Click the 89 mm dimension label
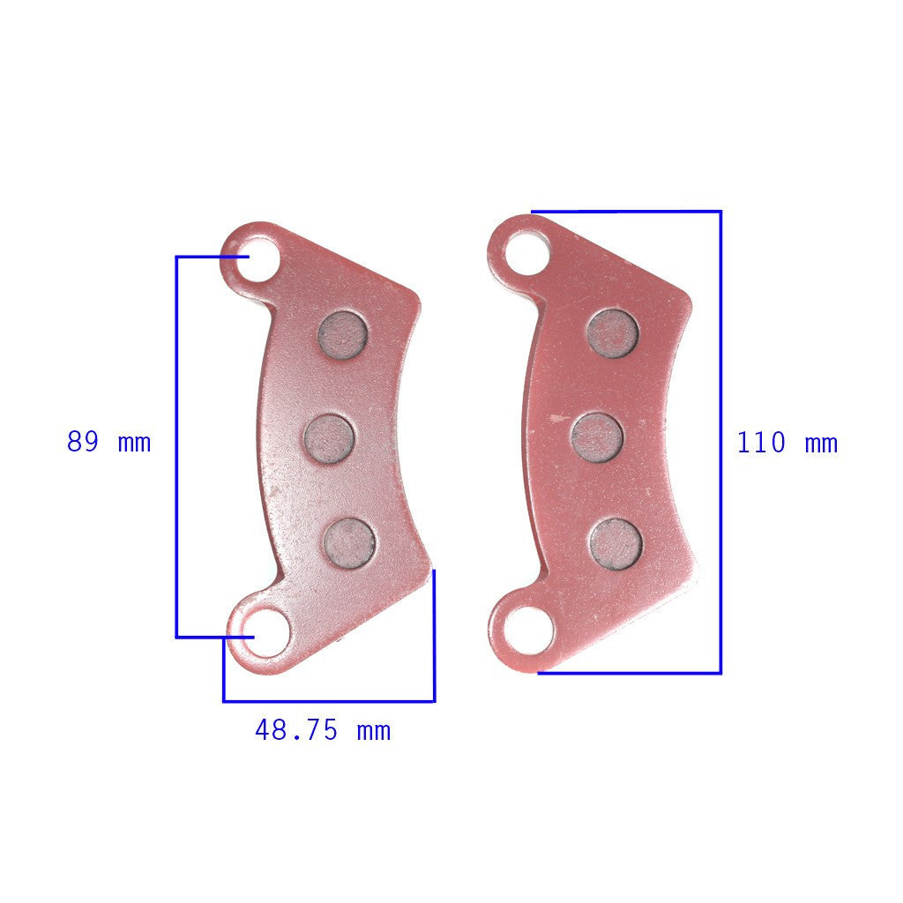tap(108, 442)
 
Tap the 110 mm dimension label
tap(787, 443)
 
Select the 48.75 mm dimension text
tap(322, 730)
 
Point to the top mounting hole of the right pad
tap(526, 252)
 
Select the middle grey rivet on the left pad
tap(329, 438)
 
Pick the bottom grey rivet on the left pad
tap(349, 542)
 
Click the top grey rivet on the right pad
tap(612, 333)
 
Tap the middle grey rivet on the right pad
tap(597, 437)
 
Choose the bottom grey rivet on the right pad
tap(616, 543)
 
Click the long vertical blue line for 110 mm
tap(720, 441)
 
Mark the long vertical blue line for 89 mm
tap(177, 445)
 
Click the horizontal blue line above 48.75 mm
tap(328, 701)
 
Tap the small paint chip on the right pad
tap(556, 419)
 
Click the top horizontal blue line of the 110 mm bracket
tap(626, 212)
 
